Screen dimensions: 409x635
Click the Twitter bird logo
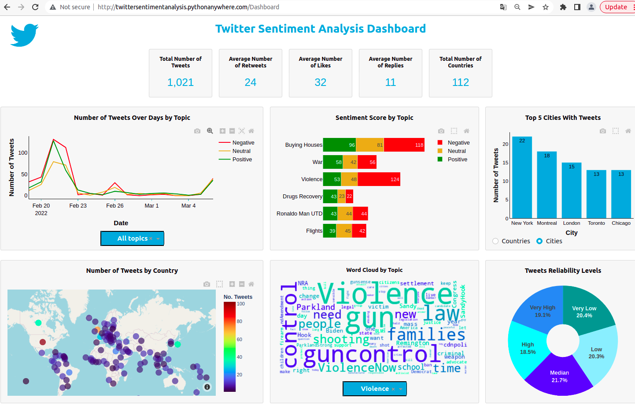coord(24,35)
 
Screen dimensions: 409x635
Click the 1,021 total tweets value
coord(181,82)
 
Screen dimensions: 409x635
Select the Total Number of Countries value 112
coord(460,82)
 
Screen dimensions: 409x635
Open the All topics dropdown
coord(132,238)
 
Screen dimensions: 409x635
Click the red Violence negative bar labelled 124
coord(379,179)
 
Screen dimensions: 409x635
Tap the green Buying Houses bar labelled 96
coord(339,145)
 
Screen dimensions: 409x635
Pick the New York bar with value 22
coord(522,176)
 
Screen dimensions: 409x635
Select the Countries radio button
coord(496,241)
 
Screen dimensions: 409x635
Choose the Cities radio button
coord(539,241)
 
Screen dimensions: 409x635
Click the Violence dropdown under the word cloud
coord(374,389)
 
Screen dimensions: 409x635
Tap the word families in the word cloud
coord(426,335)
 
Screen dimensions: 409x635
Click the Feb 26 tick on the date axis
coord(114,206)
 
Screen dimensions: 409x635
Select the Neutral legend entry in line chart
coord(241,151)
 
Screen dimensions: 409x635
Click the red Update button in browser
coord(616,7)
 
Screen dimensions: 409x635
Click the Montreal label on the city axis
coord(546,223)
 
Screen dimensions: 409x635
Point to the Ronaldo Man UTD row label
coord(299,214)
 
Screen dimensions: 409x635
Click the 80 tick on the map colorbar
coord(240,322)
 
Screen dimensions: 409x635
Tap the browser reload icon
coord(35,7)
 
